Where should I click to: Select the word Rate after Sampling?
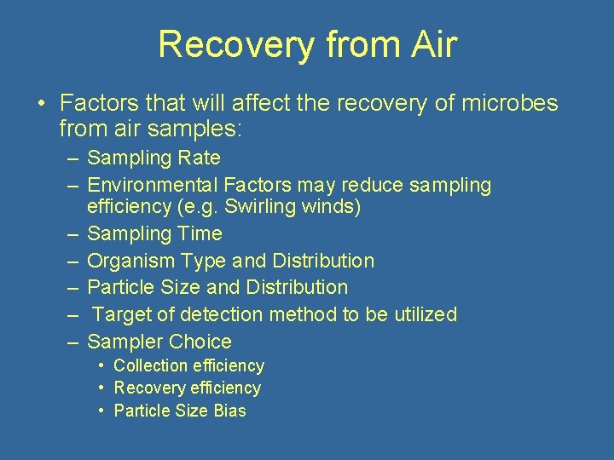[200, 158]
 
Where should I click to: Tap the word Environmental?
[153, 185]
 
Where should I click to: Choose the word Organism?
[130, 261]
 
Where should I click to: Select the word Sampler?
[125, 342]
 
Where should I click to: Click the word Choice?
[200, 342]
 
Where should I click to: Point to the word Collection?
[150, 366]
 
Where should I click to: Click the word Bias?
[229, 411]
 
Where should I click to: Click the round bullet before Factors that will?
[41, 105]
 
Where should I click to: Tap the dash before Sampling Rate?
[73, 158]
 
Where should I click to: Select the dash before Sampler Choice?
[73, 342]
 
